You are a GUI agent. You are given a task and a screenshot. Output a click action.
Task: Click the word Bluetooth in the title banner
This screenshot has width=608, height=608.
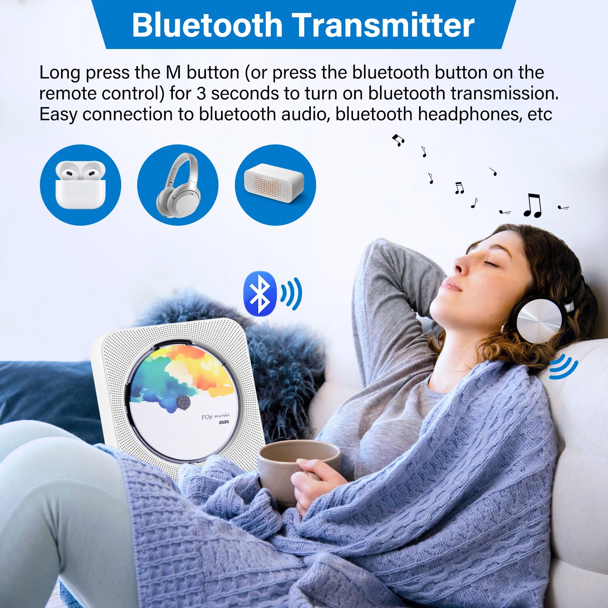coord(207,25)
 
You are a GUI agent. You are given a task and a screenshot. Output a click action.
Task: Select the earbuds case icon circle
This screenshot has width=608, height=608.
coord(80,185)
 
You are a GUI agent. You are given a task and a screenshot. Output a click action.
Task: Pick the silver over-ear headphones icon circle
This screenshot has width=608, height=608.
coord(177,185)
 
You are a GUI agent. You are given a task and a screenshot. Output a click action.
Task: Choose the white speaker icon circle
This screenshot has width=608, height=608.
coord(275,185)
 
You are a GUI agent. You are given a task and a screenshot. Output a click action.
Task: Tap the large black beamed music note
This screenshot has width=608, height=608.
coord(532,206)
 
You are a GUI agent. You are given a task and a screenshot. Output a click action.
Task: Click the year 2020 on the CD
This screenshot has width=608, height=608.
coord(224,422)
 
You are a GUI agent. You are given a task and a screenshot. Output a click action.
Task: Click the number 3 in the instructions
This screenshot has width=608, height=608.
coord(201,93)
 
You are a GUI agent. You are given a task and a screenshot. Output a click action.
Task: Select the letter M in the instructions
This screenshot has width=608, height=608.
coord(173,73)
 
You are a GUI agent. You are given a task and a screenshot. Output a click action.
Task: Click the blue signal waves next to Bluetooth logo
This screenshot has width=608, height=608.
coord(292,293)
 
